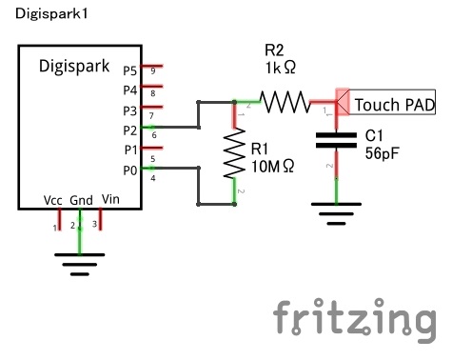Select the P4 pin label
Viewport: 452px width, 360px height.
pos(130,90)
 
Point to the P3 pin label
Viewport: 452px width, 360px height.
pos(130,110)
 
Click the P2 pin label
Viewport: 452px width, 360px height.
pos(130,130)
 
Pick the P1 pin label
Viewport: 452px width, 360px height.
pos(130,150)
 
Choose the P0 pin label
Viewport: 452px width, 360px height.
pos(130,170)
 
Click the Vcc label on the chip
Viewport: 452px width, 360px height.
pos(54,200)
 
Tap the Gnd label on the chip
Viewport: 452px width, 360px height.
pos(82,200)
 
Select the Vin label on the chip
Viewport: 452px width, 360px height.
pos(110,200)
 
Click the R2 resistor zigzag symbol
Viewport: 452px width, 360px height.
pos(284,101)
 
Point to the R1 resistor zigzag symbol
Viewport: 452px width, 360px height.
pos(234,153)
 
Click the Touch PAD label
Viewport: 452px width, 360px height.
pos(395,104)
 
